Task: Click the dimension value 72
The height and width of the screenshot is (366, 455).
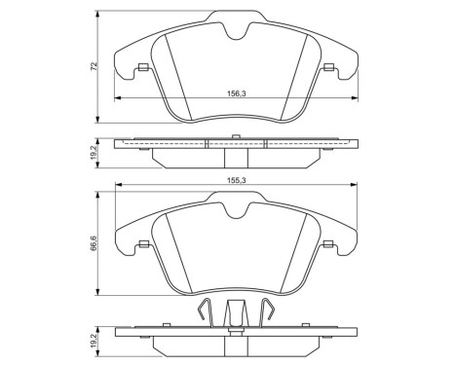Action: point(94,66)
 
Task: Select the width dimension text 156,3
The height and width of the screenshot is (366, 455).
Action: point(237,93)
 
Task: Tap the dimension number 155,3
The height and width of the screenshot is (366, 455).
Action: point(237,180)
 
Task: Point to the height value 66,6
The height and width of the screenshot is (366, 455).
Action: point(94,243)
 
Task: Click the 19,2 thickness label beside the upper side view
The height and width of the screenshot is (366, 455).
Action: point(94,153)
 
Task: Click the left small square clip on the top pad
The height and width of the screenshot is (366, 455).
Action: point(143,67)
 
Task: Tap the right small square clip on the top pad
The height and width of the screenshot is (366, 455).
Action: point(329,67)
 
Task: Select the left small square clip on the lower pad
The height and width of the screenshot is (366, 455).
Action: point(143,244)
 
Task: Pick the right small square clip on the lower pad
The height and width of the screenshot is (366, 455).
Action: point(329,244)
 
